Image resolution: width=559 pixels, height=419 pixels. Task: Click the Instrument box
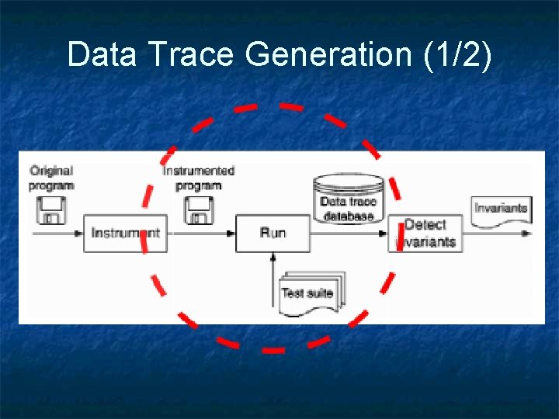point(125,233)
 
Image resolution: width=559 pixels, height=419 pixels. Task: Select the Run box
point(273,233)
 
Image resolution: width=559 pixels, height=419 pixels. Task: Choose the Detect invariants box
point(425,233)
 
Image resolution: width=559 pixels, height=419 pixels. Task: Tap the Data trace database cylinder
point(349,199)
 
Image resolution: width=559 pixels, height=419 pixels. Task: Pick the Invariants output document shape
point(501,209)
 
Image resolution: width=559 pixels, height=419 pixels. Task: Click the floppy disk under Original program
point(52,209)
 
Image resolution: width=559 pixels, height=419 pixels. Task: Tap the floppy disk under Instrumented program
point(198,209)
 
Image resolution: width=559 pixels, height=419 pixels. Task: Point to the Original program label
point(51,178)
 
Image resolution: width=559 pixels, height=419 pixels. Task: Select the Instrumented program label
point(199,178)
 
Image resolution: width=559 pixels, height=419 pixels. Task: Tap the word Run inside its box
point(273,233)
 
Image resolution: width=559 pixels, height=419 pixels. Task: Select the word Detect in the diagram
point(425,225)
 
